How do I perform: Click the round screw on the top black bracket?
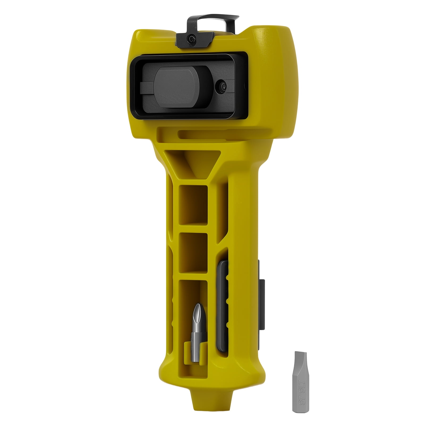click(190, 39)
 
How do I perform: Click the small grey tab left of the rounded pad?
click(146, 87)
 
